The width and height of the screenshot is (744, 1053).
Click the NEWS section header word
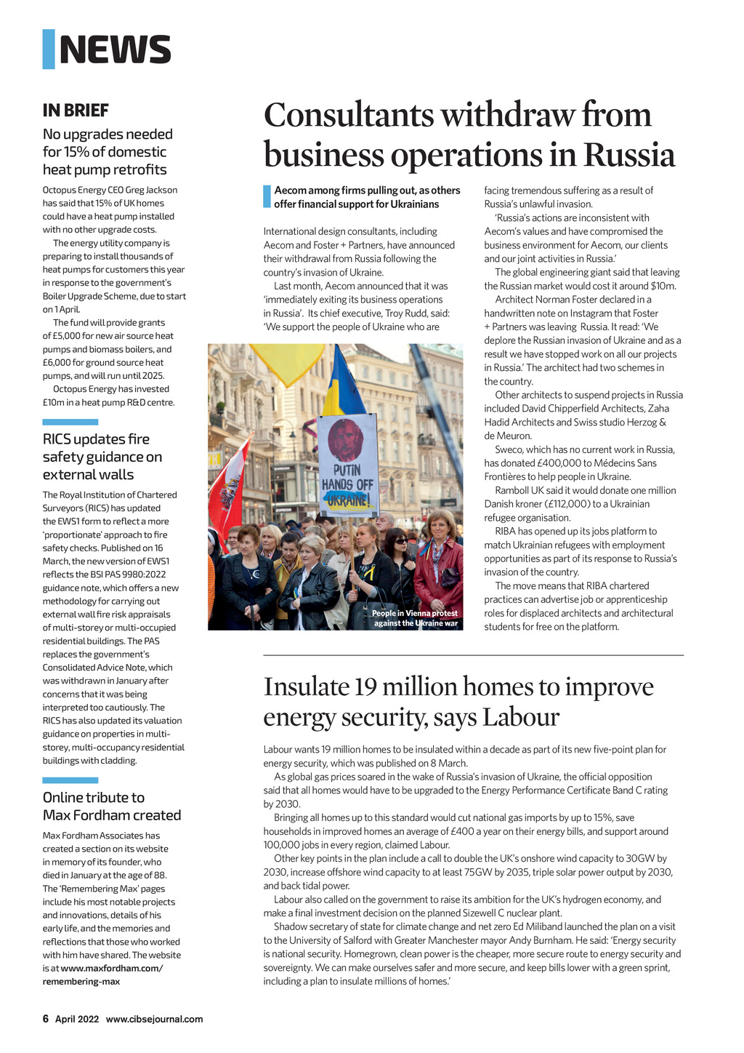(x=115, y=49)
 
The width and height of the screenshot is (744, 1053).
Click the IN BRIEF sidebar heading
(x=76, y=111)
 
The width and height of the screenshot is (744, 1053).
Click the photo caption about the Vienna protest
(x=415, y=618)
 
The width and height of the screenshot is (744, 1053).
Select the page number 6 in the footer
(x=46, y=1019)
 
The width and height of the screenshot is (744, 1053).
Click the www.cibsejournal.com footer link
(x=154, y=1019)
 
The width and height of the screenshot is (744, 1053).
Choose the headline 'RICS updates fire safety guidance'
(x=102, y=457)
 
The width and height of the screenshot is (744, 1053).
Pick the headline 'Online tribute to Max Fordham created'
(x=111, y=806)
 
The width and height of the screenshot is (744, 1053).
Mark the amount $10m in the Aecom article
(x=663, y=286)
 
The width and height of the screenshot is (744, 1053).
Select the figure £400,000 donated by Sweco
(x=562, y=463)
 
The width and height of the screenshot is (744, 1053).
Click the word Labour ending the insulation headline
(x=521, y=718)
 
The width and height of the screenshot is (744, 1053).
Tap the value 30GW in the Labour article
(x=636, y=859)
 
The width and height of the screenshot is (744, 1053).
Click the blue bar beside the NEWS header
(x=49, y=49)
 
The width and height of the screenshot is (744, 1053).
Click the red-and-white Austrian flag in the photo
(x=227, y=484)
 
